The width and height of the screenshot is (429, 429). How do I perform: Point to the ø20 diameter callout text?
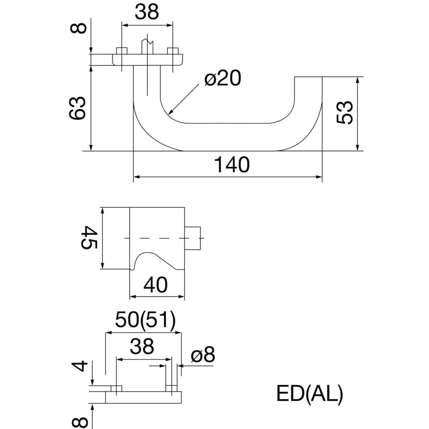coord(222,78)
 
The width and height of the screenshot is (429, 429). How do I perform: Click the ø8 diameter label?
coord(202,356)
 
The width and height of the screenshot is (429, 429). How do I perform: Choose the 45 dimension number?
coord(89,237)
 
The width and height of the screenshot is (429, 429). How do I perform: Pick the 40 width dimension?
coord(155,285)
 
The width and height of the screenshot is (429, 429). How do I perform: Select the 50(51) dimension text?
coord(145,321)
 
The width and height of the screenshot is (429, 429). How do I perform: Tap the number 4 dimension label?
coord(80,365)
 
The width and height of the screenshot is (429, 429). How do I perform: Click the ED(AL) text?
coord(310,394)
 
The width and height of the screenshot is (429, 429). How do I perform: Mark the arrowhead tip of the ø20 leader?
coord(168,114)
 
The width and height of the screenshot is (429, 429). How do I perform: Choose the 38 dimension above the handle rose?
coord(147,13)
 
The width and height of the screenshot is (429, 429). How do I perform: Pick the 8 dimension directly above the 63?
coord(79,28)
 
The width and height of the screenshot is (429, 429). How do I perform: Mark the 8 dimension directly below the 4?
coord(82,421)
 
